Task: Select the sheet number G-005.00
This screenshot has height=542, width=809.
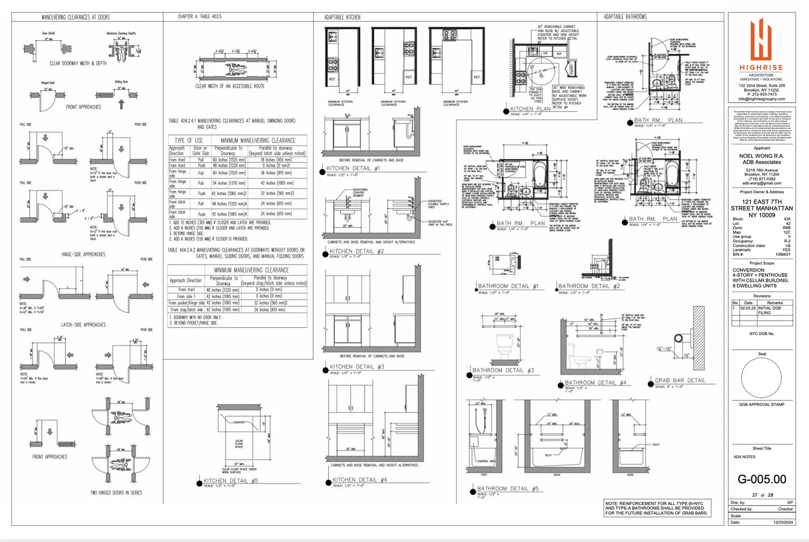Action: pos(762,479)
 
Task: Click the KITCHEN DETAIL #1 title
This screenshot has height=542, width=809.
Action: pos(353,169)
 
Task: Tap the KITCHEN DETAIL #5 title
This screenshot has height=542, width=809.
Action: pos(231,481)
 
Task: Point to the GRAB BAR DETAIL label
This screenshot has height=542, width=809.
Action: pos(680,380)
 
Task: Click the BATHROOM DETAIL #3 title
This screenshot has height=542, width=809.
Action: pos(503,370)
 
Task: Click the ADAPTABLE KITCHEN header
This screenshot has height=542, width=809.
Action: pos(342,17)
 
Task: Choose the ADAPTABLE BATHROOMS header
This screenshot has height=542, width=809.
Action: pos(625,17)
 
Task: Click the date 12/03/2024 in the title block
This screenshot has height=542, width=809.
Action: pos(783,522)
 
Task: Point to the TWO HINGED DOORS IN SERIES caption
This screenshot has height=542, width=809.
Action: pos(116,493)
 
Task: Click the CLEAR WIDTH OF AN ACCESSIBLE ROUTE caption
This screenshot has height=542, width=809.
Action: pos(230,86)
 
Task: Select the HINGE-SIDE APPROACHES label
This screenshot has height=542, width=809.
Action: pos(83,254)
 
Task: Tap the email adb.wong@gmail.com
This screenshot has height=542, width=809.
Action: pos(762,183)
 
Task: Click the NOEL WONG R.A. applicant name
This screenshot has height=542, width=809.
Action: pos(761,156)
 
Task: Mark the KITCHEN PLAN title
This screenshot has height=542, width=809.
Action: pos(530,109)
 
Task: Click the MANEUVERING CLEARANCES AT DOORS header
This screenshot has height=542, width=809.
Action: pos(75,17)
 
